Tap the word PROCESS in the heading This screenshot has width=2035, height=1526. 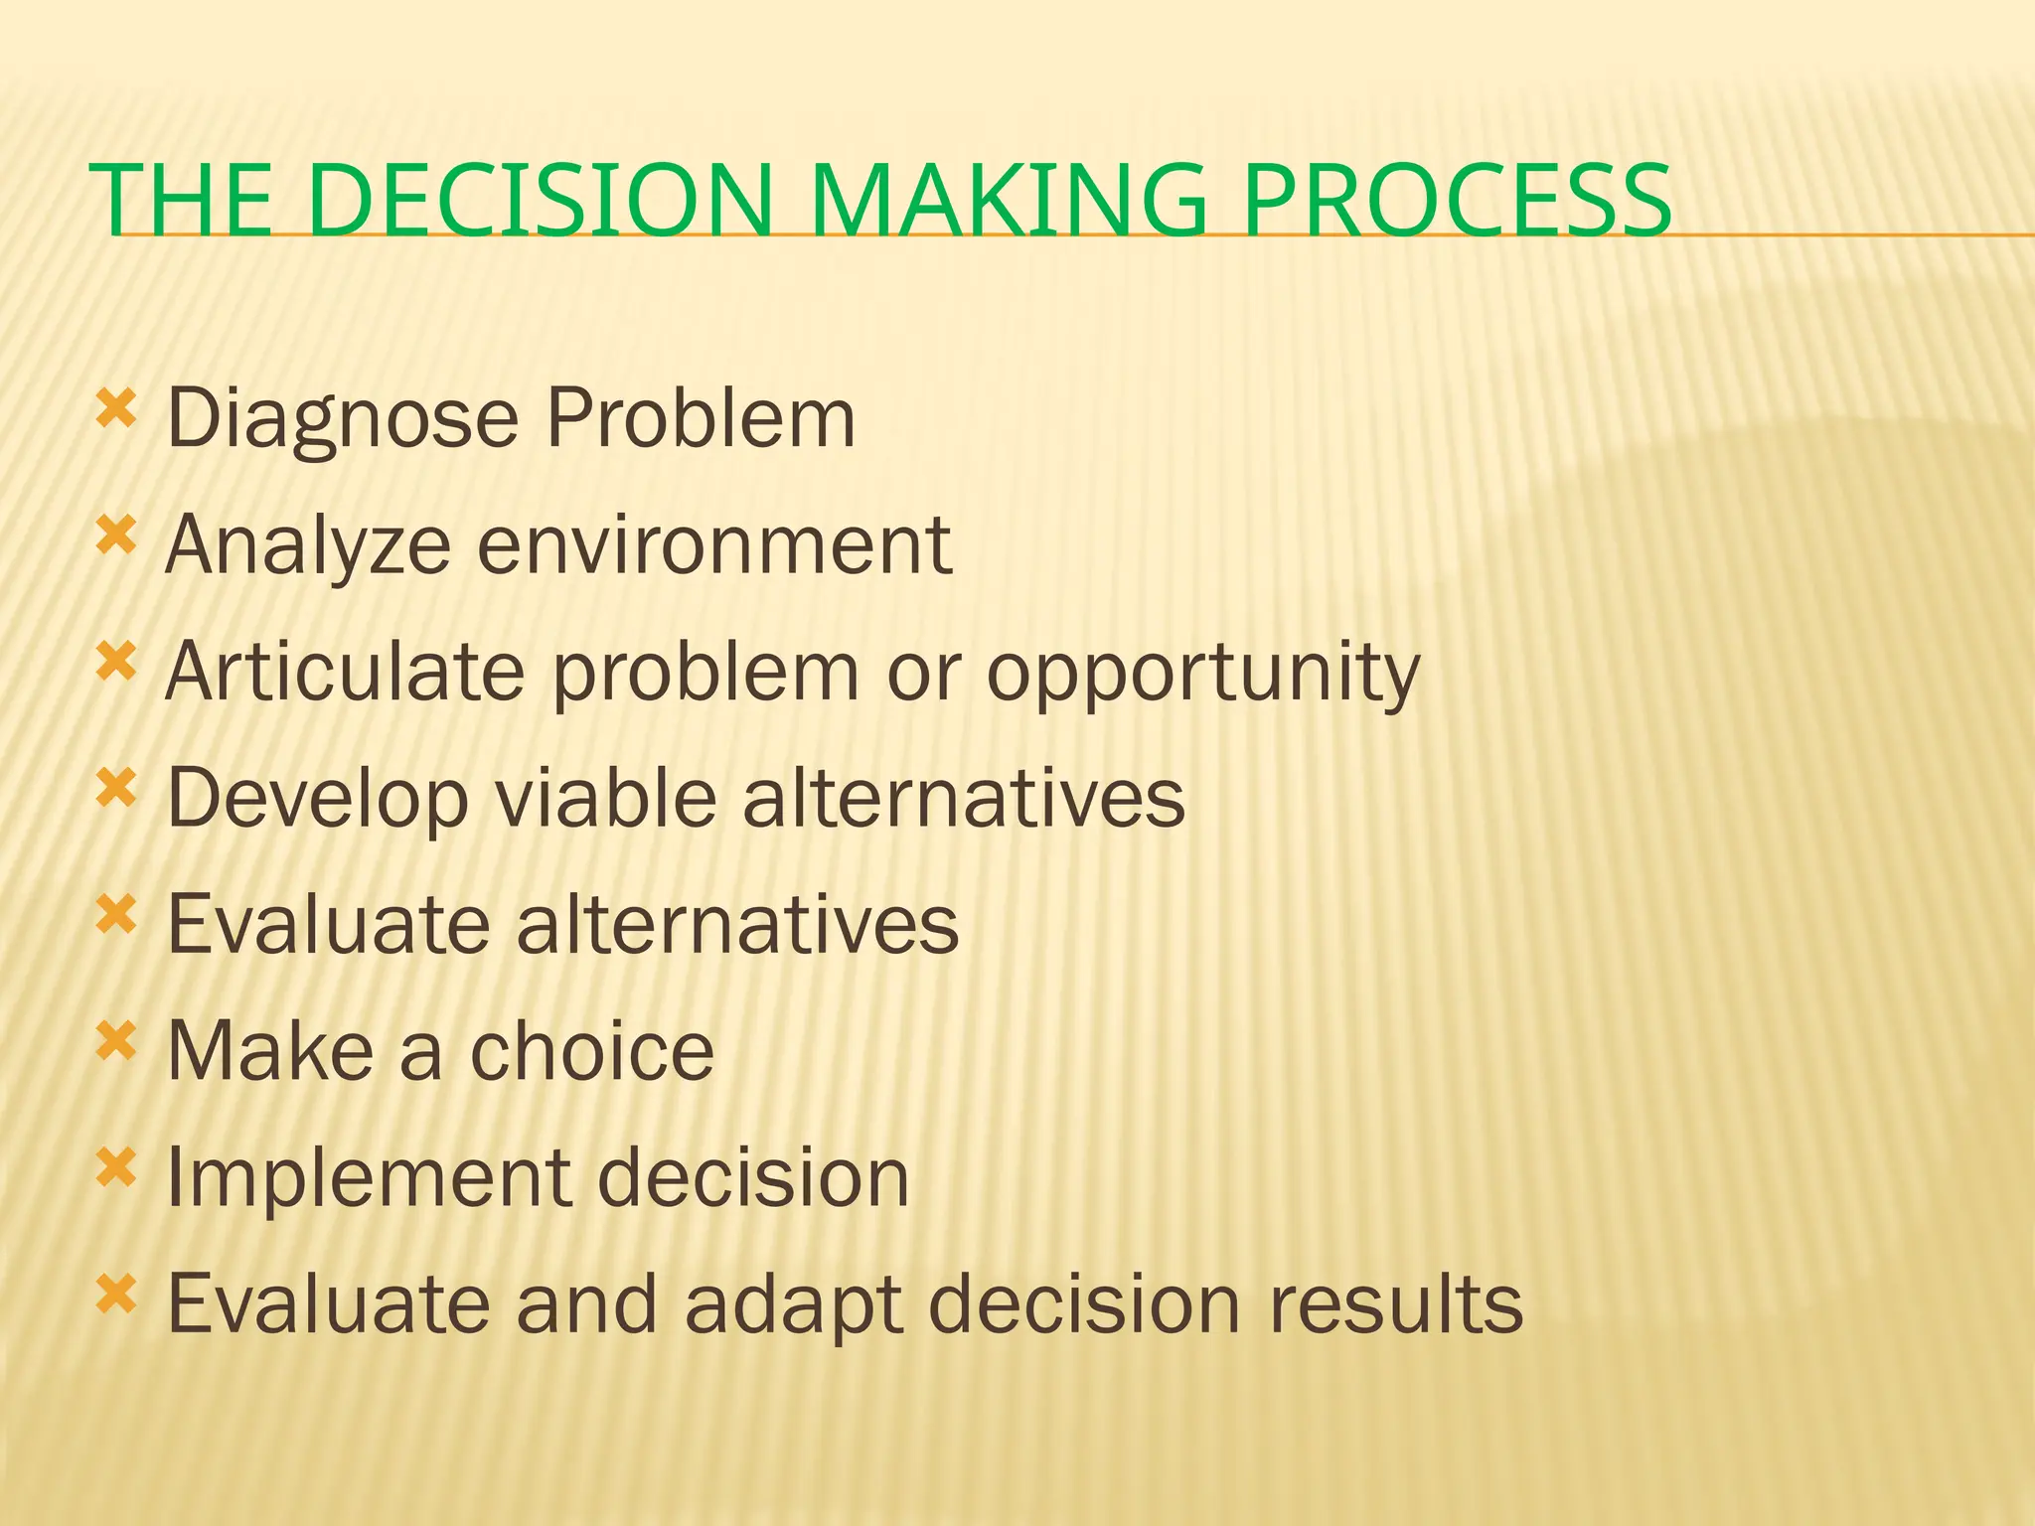pos(1458,202)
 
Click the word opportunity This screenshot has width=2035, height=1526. pos(1203,674)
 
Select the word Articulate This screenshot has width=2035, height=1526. pos(345,672)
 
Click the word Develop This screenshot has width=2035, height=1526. pos(317,801)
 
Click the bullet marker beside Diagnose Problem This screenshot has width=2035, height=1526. pos(116,408)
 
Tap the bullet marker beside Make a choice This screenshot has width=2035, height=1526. pos(116,1042)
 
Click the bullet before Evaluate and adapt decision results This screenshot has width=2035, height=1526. pos(116,1295)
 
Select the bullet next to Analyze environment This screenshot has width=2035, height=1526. pos(116,535)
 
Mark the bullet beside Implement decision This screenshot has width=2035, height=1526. pos(116,1168)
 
